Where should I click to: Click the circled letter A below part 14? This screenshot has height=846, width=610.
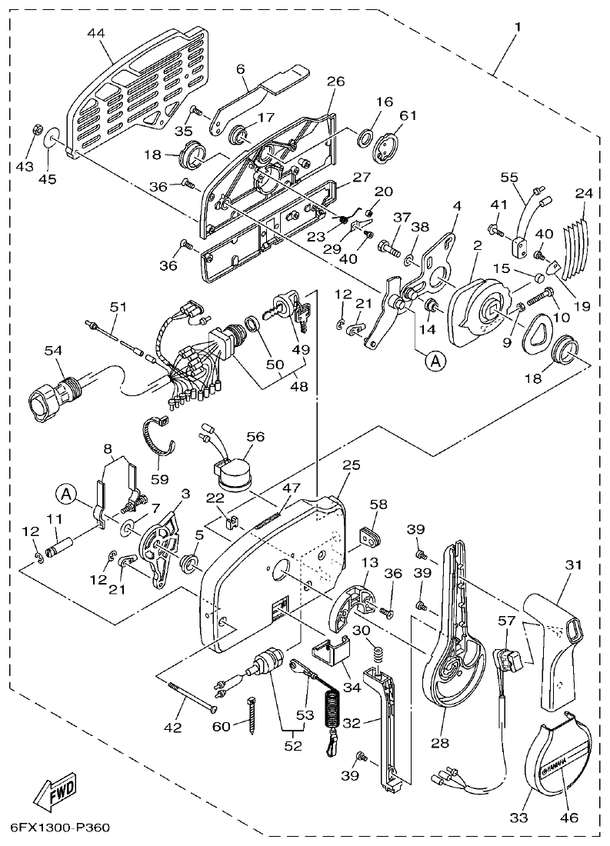pyautogui.click(x=436, y=361)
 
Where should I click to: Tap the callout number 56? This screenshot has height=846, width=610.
pyautogui.click(x=255, y=436)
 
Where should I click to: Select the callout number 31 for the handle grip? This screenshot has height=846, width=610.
pyautogui.click(x=572, y=565)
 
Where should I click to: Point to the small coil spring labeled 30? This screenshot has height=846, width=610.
pyautogui.click(x=378, y=656)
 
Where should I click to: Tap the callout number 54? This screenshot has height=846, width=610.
pyautogui.click(x=52, y=351)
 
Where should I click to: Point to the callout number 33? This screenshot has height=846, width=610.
pyautogui.click(x=521, y=818)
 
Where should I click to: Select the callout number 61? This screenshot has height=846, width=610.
pyautogui.click(x=407, y=115)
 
